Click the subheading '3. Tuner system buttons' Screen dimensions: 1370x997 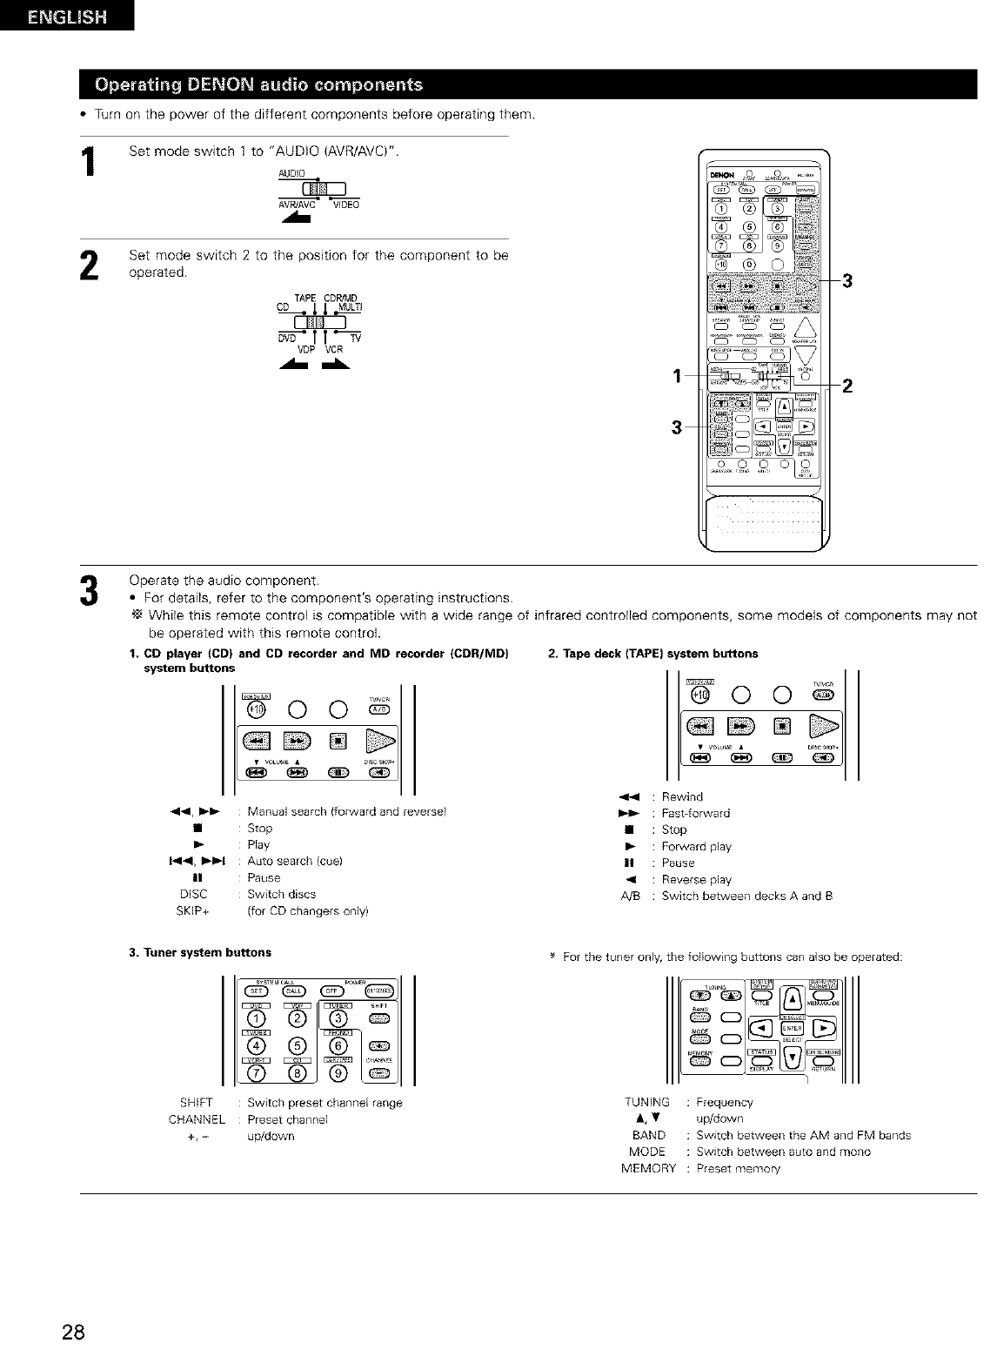(x=200, y=952)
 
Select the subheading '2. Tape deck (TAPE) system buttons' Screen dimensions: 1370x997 (x=652, y=653)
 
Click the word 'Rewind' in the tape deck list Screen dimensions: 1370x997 (x=682, y=796)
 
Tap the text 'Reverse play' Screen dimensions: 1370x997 (x=697, y=879)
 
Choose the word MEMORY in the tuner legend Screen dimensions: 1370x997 (x=648, y=1168)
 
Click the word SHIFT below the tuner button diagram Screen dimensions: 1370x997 (x=197, y=1103)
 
